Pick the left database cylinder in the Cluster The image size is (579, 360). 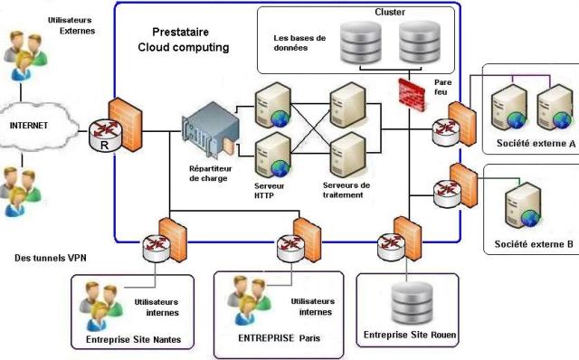pos(356,42)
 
